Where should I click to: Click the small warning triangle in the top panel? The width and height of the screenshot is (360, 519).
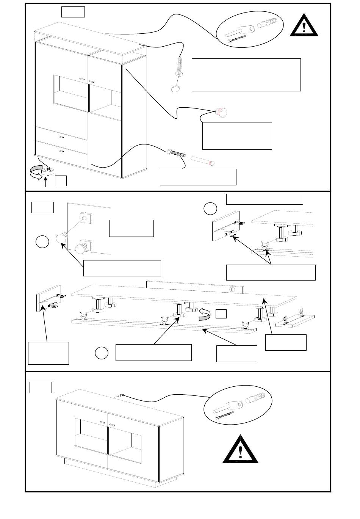(304, 26)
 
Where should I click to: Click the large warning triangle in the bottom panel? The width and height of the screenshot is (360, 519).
(240, 451)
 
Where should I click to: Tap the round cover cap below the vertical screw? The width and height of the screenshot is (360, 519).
(175, 88)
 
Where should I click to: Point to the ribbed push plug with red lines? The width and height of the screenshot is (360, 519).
(221, 112)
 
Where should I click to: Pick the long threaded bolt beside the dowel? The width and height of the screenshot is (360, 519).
(177, 154)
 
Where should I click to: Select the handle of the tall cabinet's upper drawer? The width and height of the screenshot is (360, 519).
(61, 136)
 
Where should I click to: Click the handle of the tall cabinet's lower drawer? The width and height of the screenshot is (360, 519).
(61, 151)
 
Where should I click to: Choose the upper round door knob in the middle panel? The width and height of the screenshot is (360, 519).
(61, 238)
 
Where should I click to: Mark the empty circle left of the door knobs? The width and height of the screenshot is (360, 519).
(43, 242)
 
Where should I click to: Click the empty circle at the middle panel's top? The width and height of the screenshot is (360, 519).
(210, 209)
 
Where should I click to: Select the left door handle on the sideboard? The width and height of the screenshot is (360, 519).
(102, 422)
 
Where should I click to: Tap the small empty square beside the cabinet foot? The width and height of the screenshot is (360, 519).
(61, 181)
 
